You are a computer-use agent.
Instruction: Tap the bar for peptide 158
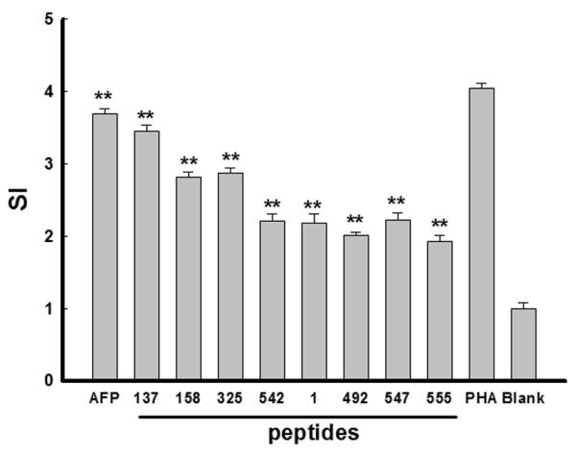tap(188, 278)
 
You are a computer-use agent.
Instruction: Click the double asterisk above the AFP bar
tap(105, 98)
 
